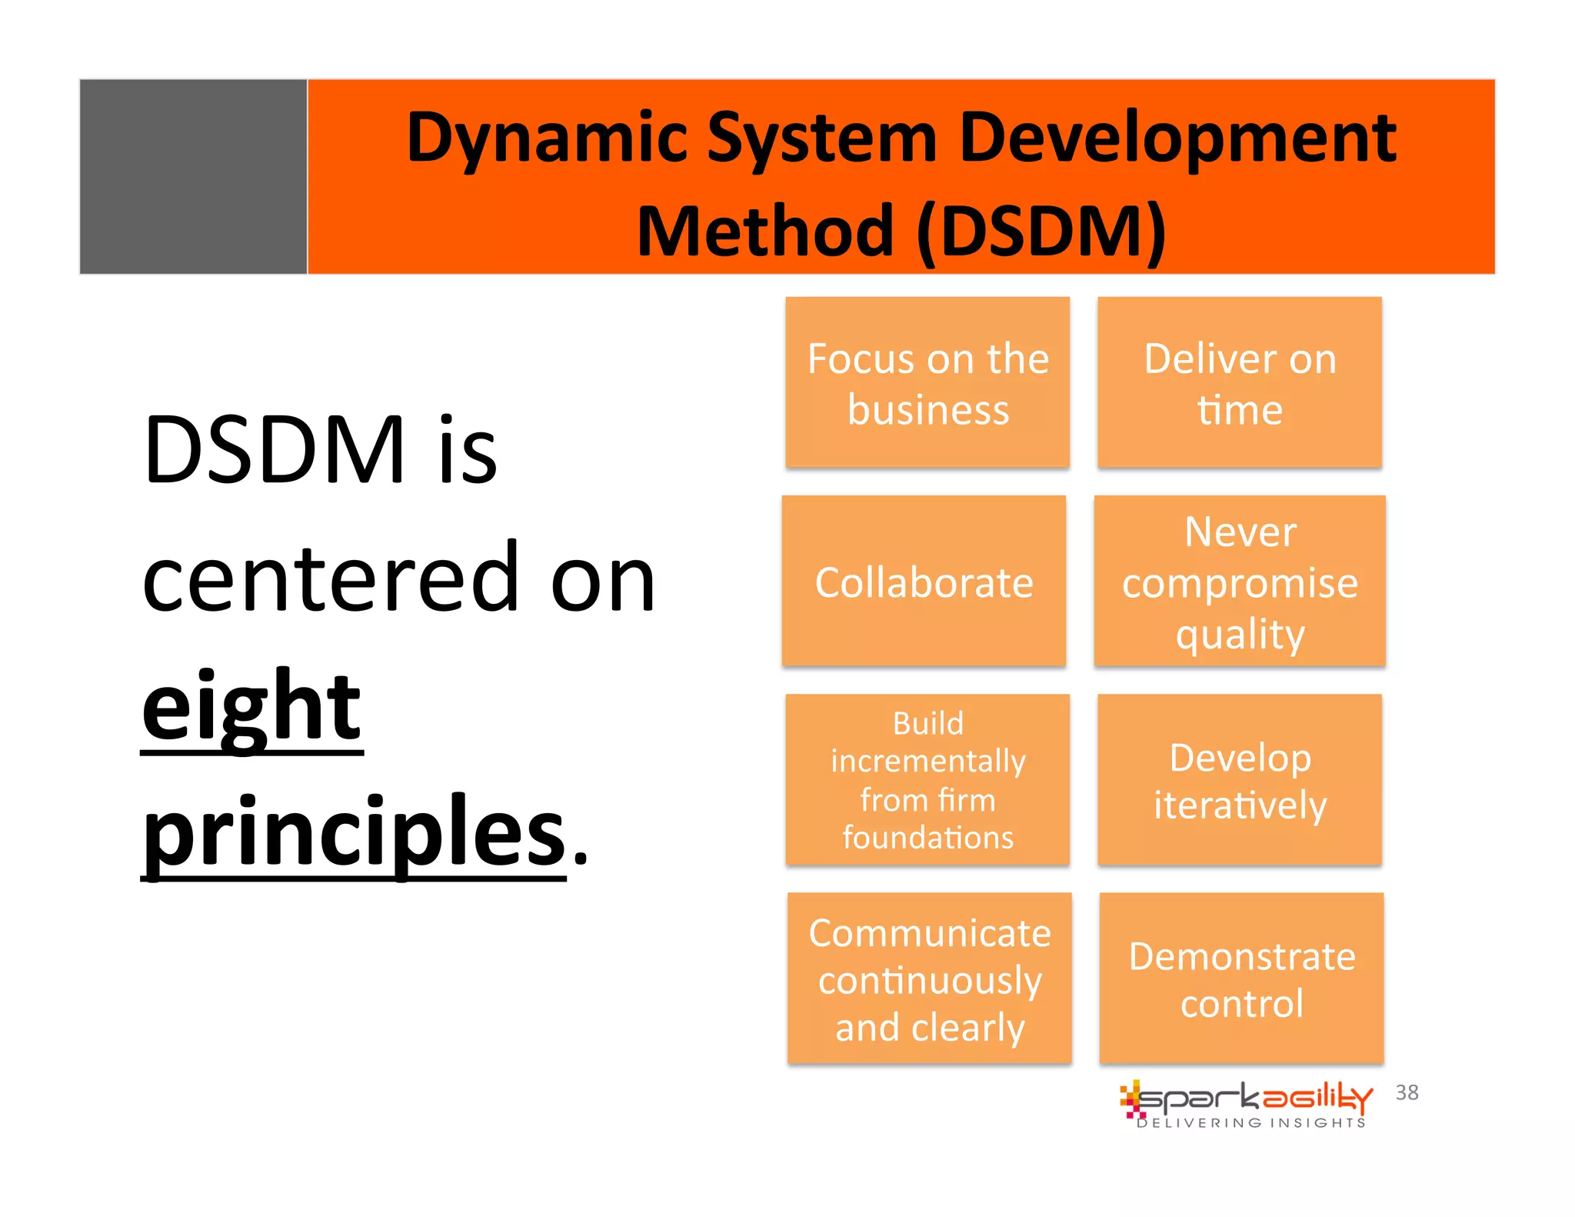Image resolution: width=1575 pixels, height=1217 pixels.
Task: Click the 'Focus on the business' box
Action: tap(927, 382)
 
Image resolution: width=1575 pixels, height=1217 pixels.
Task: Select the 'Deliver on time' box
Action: tap(1240, 382)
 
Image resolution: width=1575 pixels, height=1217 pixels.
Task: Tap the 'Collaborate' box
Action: tap(924, 581)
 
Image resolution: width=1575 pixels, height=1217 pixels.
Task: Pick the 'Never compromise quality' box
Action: tap(1240, 581)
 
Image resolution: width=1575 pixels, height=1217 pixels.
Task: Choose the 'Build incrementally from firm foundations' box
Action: tap(927, 779)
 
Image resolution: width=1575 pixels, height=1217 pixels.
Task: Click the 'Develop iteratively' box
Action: tap(1240, 779)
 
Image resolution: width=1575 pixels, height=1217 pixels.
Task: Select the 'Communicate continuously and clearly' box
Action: tap(929, 979)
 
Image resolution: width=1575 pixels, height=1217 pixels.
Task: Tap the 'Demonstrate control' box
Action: tap(1241, 979)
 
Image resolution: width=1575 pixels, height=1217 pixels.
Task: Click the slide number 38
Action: tap(1407, 1092)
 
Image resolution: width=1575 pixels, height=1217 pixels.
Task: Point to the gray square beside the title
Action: tap(193, 176)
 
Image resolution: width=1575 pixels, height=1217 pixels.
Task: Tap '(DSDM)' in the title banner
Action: tap(1041, 232)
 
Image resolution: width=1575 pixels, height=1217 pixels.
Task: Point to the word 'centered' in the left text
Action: tap(331, 578)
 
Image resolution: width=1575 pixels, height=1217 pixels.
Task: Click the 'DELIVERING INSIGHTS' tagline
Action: tap(1251, 1122)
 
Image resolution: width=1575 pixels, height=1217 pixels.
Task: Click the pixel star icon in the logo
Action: tap(1131, 1099)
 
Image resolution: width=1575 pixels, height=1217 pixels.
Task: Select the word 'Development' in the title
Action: tap(1177, 138)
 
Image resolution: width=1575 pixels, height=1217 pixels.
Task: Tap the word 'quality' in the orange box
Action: tap(1240, 635)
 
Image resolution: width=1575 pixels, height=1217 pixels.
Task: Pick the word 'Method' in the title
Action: tap(765, 232)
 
